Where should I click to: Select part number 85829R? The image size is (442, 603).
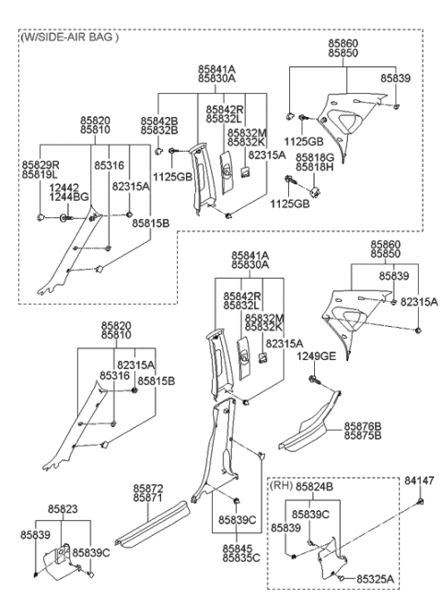coord(41,164)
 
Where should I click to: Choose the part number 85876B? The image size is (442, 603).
coord(364,426)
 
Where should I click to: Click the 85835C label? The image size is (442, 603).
coord(238,558)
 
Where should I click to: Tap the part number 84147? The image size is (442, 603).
coord(421,480)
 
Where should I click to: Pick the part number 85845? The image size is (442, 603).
coord(238,548)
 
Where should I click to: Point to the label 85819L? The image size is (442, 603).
coord(41,174)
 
